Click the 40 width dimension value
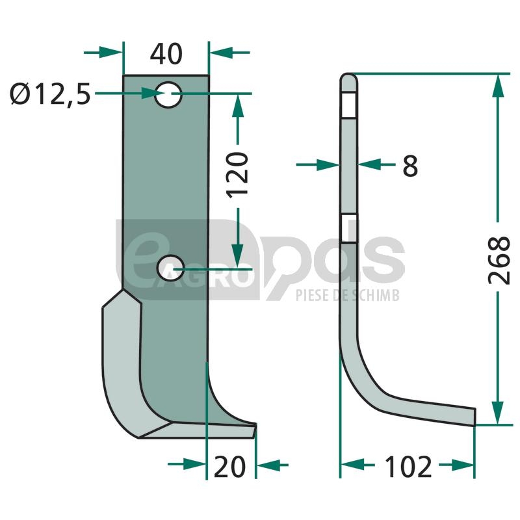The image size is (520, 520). pos(166,54)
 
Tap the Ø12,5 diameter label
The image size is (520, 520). pos(50,94)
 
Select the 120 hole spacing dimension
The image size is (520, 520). pos(237,175)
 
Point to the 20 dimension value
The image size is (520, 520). pos(230,467)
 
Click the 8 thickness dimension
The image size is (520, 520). pos(410,166)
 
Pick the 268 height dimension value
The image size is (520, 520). pos(499,261)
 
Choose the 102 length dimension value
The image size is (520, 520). pos(408,467)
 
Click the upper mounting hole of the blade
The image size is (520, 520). pos(168,95)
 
